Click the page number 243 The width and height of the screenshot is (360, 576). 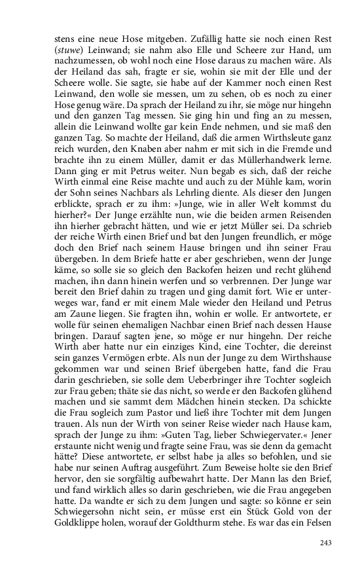pyautogui.click(x=327, y=542)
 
